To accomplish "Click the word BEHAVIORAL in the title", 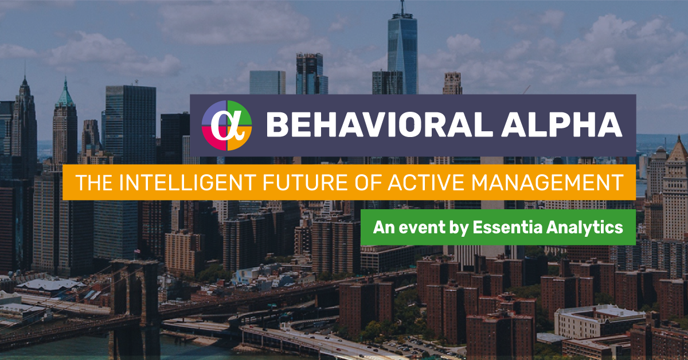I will coord(370,125).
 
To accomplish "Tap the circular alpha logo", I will coord(227,125).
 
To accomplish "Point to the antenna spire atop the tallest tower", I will coord(402,7).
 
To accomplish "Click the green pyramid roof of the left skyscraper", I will coord(65,95).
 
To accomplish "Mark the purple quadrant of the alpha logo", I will coord(214,112).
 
